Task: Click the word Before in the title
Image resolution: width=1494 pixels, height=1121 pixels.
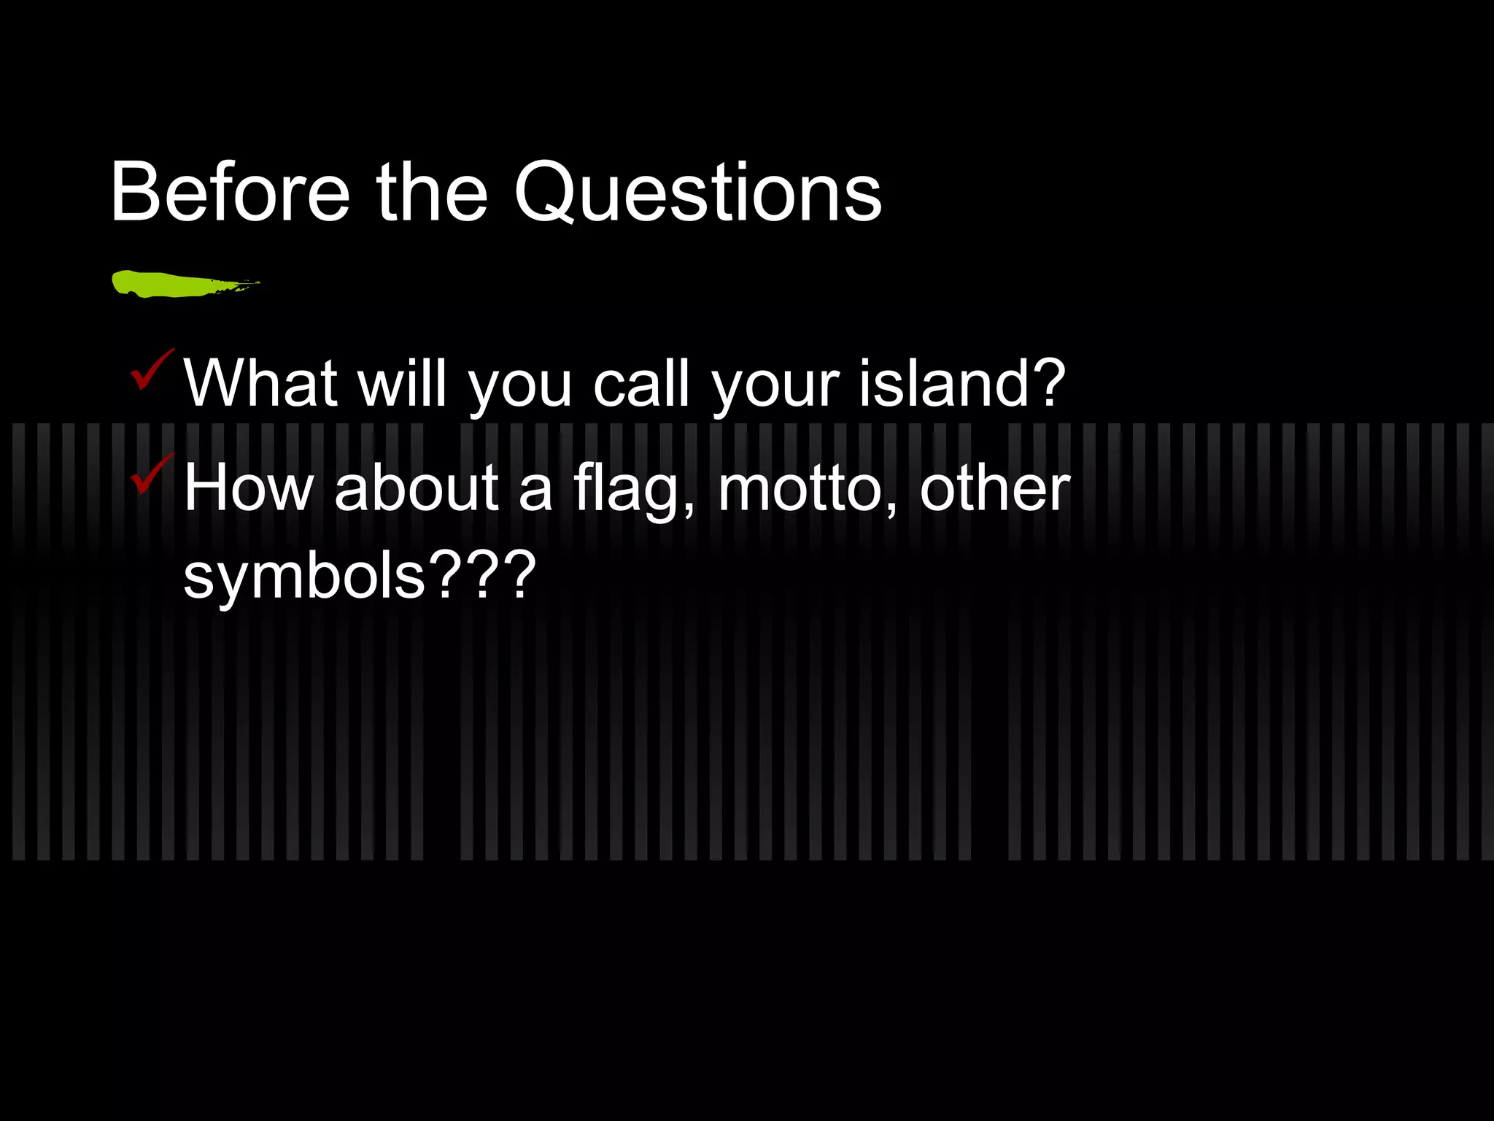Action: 231,192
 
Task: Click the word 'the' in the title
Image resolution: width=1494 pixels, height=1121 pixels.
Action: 431,192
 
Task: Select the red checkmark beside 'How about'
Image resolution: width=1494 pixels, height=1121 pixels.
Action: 151,474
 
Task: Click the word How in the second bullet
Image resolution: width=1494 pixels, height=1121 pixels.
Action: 249,488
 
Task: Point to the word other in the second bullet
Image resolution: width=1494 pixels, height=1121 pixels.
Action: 994,488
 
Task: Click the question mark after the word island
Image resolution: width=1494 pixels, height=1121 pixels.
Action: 1045,382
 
